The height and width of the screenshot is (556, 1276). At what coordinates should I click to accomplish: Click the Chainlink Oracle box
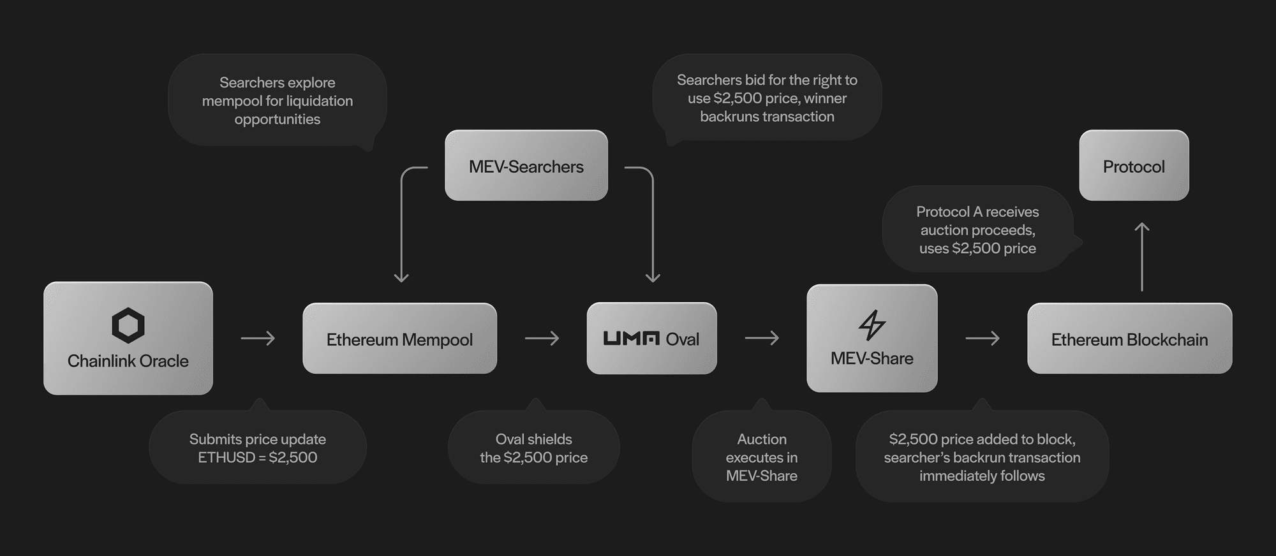(128, 338)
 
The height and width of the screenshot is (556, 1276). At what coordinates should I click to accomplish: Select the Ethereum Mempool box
(399, 339)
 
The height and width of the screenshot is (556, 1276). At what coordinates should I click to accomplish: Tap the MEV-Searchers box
(526, 166)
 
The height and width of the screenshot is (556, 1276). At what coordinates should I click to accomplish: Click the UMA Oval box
(651, 339)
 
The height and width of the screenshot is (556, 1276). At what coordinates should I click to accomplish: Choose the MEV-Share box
(872, 338)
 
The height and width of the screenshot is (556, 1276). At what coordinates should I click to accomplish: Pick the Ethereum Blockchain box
(1129, 339)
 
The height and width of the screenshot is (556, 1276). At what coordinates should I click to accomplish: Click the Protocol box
(1134, 166)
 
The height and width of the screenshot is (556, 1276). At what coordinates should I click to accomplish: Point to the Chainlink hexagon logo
(128, 325)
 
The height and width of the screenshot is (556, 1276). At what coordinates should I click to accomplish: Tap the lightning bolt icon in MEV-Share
(872, 325)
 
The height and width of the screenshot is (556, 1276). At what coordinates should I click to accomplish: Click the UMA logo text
(631, 339)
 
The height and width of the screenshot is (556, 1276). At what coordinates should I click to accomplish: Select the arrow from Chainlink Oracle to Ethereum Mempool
(258, 338)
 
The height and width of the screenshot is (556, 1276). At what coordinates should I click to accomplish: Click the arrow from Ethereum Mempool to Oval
(542, 338)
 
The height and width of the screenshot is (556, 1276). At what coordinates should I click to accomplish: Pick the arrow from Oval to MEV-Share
(762, 338)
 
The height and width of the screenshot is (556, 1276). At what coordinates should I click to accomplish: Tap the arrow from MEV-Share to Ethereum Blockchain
(983, 338)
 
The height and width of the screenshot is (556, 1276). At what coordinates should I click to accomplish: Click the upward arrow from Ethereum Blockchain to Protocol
(1142, 256)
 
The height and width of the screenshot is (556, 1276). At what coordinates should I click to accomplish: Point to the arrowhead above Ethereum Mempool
(401, 277)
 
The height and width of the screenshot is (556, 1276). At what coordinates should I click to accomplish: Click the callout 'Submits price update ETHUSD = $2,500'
(257, 448)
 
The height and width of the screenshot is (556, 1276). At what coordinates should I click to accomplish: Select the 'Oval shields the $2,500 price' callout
(533, 448)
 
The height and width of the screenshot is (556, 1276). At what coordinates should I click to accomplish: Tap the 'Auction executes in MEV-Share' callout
(762, 457)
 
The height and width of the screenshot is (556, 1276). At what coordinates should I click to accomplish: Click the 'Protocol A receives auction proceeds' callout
(977, 230)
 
